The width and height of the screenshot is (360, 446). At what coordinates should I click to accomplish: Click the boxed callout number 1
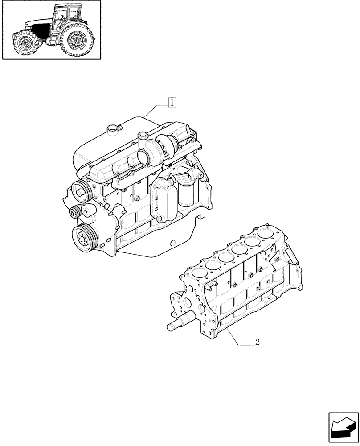[172, 103]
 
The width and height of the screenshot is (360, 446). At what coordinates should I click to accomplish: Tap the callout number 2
[257, 343]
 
